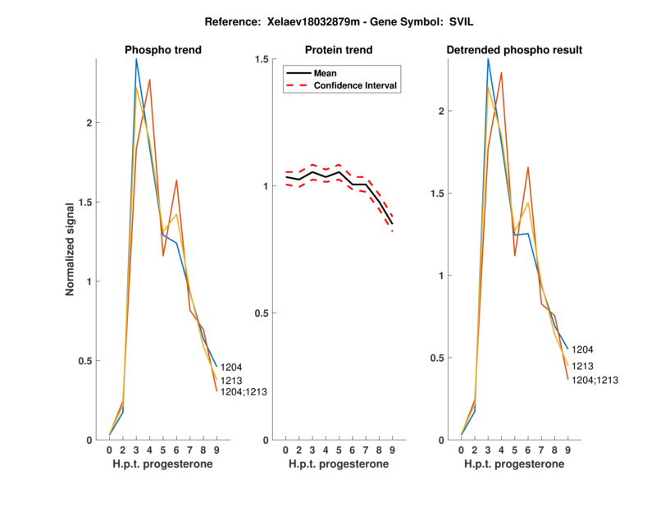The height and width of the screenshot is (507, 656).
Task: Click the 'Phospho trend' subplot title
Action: [x=163, y=50]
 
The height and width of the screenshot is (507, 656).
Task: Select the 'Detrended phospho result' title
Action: [x=514, y=50]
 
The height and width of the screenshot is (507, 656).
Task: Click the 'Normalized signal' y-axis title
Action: [x=71, y=248]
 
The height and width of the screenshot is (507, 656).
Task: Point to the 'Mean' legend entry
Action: [x=326, y=73]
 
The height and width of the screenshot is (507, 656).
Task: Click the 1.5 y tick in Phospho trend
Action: [x=89, y=202]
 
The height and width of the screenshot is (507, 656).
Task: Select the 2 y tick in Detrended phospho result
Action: [x=442, y=111]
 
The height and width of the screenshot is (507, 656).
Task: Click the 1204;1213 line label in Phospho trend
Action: [x=244, y=392]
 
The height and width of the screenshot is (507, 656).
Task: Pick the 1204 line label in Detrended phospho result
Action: [x=582, y=349]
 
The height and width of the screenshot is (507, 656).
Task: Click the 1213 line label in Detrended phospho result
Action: [x=582, y=366]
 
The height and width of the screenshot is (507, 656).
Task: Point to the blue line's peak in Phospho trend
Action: [x=136, y=59]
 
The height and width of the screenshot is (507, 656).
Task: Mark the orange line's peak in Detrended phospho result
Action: [x=501, y=73]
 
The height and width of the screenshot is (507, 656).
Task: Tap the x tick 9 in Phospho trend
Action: [x=216, y=450]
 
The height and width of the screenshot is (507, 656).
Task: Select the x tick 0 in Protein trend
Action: [x=285, y=450]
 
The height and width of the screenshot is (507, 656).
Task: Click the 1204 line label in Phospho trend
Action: [x=231, y=367]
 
